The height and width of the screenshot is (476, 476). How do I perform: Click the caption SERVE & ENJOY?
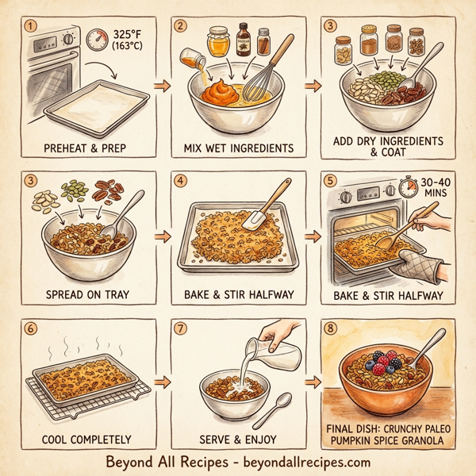click(x=238, y=438)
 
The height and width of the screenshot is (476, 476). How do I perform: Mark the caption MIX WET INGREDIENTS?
click(x=238, y=148)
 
